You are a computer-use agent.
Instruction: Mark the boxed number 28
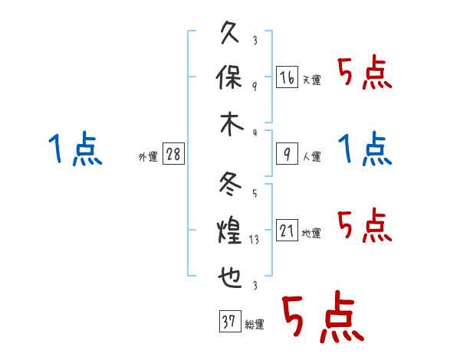pos(173,155)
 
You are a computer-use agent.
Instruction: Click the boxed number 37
pos(228,322)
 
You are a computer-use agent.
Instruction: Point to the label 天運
pos(312,80)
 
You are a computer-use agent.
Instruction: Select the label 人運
pos(312,157)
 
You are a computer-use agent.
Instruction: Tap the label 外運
pos(148,157)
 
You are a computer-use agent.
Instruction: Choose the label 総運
pos(255,325)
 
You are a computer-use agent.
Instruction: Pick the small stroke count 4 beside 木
pos(254,132)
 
